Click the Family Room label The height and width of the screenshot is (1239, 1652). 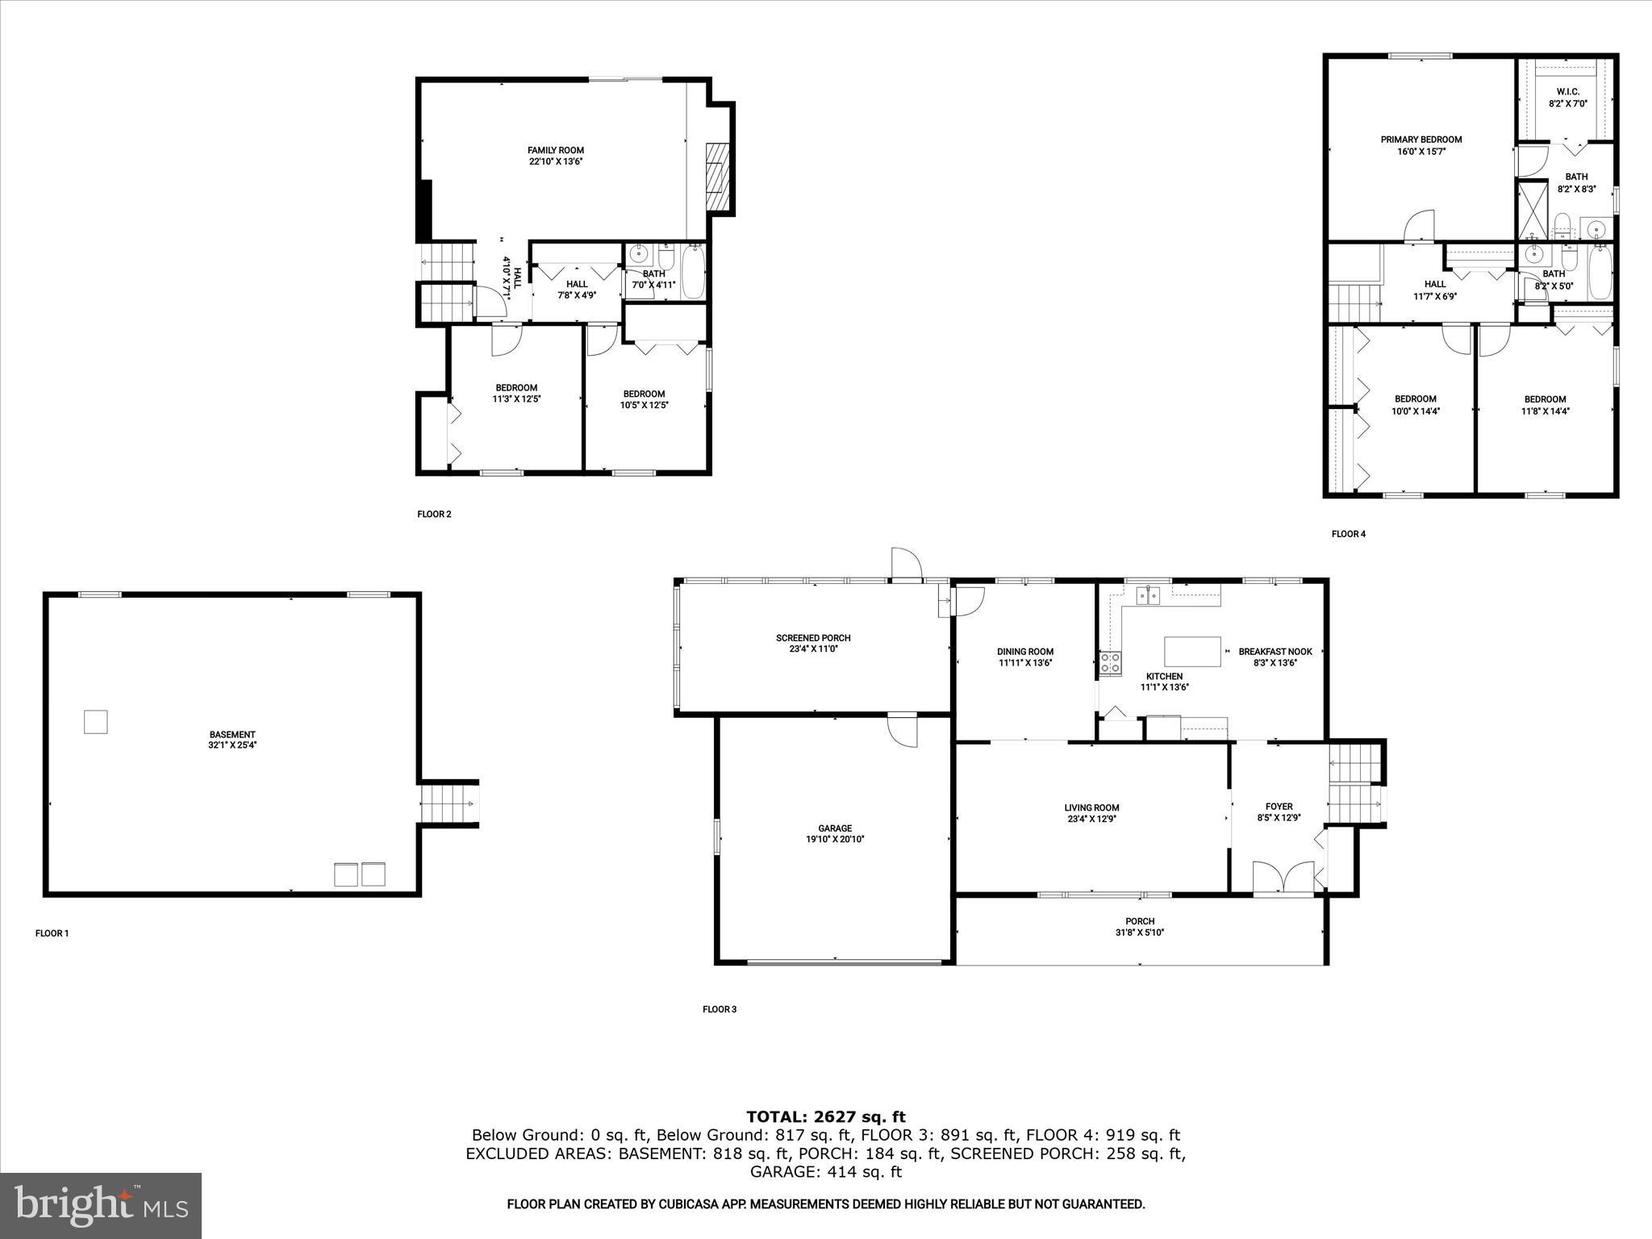[555, 150]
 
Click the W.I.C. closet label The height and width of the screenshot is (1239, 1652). [1567, 92]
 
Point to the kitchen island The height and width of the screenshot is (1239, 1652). [1192, 651]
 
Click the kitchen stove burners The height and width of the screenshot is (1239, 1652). [1110, 663]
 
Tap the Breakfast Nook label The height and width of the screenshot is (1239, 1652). [1274, 652]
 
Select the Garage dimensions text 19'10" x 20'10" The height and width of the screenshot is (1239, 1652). [835, 839]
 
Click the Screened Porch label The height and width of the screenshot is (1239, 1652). [813, 638]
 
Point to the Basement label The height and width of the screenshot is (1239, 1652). [232, 735]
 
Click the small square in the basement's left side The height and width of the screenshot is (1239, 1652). [95, 721]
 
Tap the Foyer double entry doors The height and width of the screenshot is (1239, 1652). [1283, 877]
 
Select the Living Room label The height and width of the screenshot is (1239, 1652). [1091, 807]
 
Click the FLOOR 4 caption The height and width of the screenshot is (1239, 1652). [1348, 534]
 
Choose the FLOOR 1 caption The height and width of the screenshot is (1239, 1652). [52, 933]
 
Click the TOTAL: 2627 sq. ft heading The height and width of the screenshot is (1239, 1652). [825, 1117]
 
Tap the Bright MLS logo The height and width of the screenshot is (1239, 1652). [101, 1206]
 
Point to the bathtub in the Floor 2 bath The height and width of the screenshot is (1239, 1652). [694, 273]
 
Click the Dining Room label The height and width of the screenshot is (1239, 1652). [1024, 652]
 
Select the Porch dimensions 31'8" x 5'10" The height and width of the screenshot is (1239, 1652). [1140, 932]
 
